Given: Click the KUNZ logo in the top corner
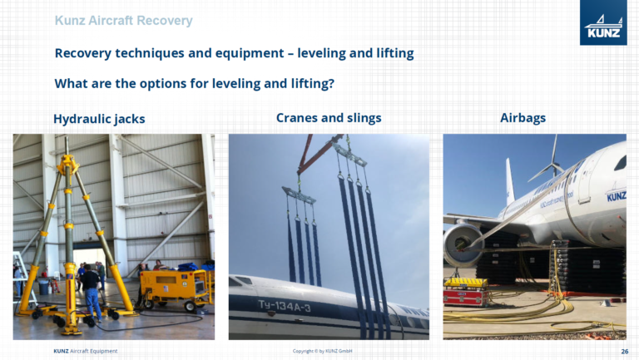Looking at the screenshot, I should pyautogui.click(x=604, y=23).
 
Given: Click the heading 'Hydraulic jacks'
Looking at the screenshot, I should pyautogui.click(x=99, y=119).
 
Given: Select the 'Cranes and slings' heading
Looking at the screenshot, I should pyautogui.click(x=328, y=118).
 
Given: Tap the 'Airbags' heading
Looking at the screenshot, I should pyautogui.click(x=523, y=118).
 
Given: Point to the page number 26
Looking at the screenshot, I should pyautogui.click(x=624, y=352).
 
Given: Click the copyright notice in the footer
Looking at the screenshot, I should pyautogui.click(x=322, y=352).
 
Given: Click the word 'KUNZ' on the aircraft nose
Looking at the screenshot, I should pyautogui.click(x=616, y=197).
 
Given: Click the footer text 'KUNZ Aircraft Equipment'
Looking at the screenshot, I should pyautogui.click(x=85, y=352).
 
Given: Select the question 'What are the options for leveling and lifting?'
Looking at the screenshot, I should pyautogui.click(x=194, y=84).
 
